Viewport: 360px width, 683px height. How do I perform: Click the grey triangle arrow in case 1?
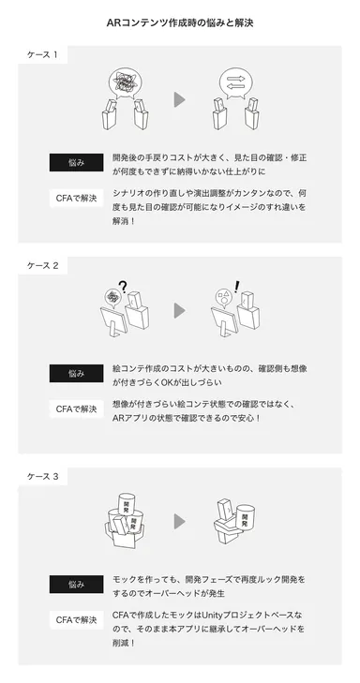click(x=179, y=99)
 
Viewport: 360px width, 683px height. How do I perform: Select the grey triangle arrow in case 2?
click(x=179, y=310)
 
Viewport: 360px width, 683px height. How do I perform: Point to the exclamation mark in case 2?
click(x=238, y=287)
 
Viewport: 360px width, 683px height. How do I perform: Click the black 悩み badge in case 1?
click(x=77, y=162)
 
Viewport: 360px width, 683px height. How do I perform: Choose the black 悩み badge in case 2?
click(x=77, y=373)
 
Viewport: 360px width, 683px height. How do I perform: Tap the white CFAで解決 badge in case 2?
click(x=77, y=408)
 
